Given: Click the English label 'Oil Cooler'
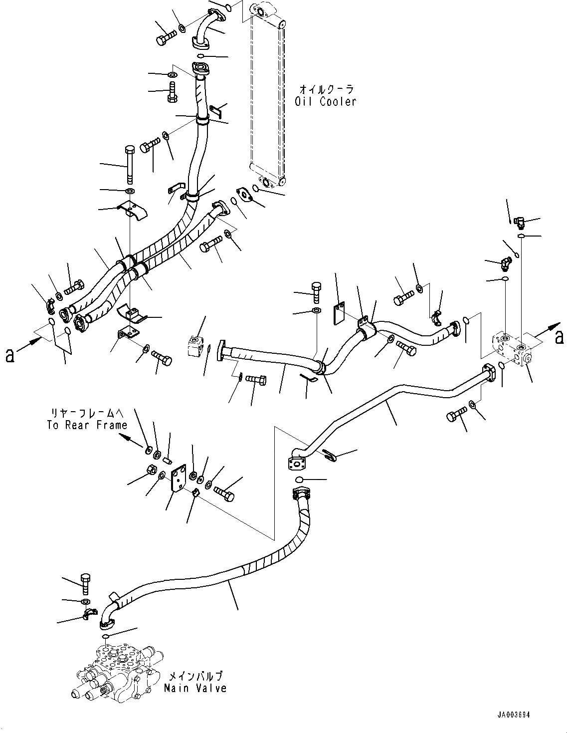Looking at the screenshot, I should pos(325,101).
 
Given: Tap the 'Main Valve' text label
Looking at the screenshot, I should pos(195,688).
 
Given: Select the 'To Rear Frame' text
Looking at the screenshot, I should pos(87,425).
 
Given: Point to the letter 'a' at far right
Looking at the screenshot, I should pos(560,338).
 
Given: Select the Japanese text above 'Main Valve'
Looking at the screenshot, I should pos(194,676).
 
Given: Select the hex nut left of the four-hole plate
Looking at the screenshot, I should pos(153,470).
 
